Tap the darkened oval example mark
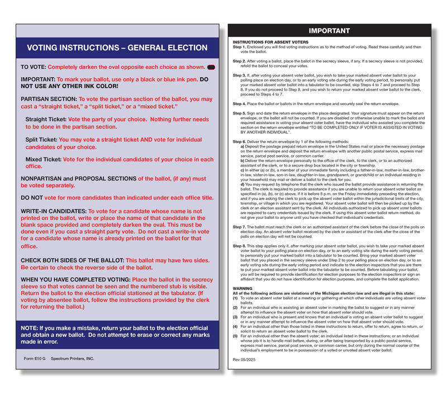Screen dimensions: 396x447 click(x=211, y=67)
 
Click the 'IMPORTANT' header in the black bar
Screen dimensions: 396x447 click(x=329, y=31)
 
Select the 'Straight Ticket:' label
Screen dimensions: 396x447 click(x=46, y=120)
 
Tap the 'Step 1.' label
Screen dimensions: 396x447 click(x=239, y=47)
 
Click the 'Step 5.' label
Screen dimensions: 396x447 click(x=239, y=113)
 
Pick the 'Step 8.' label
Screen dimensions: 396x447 click(x=239, y=245)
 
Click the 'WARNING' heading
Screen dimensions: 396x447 click(x=242, y=288)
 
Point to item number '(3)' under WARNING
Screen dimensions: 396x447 click(x=235, y=316)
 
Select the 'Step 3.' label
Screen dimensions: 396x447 click(x=239, y=74)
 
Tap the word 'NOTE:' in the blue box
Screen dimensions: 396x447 click(x=32, y=327)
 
